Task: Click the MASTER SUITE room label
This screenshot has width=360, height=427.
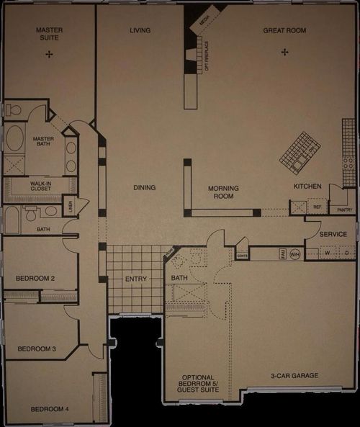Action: pyautogui.click(x=49, y=34)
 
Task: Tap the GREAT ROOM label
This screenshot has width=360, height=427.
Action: pyautogui.click(x=284, y=30)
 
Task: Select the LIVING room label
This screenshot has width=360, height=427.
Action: pyautogui.click(x=139, y=30)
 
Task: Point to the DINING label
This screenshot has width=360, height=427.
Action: pyautogui.click(x=144, y=188)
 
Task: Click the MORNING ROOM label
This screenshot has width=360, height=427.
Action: pyautogui.click(x=223, y=192)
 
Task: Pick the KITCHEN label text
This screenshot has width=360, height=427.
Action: pyautogui.click(x=307, y=186)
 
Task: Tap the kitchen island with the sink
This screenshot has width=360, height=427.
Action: pyautogui.click(x=300, y=153)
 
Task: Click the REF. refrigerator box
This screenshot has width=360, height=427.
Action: pyautogui.click(x=317, y=207)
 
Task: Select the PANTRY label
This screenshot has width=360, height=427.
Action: pyautogui.click(x=345, y=210)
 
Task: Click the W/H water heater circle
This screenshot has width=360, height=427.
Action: pyautogui.click(x=294, y=253)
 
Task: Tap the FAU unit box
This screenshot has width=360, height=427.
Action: pyautogui.click(x=282, y=253)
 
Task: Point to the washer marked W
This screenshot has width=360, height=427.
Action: pyautogui.click(x=328, y=253)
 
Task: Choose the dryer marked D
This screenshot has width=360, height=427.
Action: pyautogui.click(x=346, y=253)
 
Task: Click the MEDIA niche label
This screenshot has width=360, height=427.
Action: pyautogui.click(x=204, y=23)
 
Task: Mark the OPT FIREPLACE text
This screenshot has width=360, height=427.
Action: pyautogui.click(x=207, y=57)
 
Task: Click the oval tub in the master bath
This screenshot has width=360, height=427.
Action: pyautogui.click(x=15, y=138)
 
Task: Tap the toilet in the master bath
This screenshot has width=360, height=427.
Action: pyautogui.click(x=14, y=110)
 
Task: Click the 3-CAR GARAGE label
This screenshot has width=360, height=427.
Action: pyautogui.click(x=294, y=375)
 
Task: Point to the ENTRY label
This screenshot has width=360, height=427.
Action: pyautogui.click(x=136, y=279)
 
